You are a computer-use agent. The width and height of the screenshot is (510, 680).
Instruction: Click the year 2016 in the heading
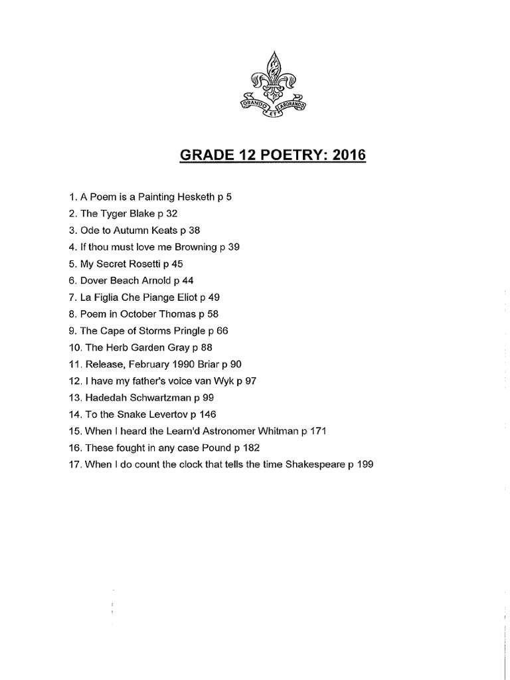(349, 155)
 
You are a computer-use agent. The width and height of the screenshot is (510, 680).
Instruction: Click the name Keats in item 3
(163, 230)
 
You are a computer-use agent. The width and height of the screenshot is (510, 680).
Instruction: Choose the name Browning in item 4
(195, 246)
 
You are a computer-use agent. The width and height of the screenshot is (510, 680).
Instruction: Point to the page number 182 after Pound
(251, 448)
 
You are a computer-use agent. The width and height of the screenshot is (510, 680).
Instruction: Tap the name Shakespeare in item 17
(315, 464)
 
